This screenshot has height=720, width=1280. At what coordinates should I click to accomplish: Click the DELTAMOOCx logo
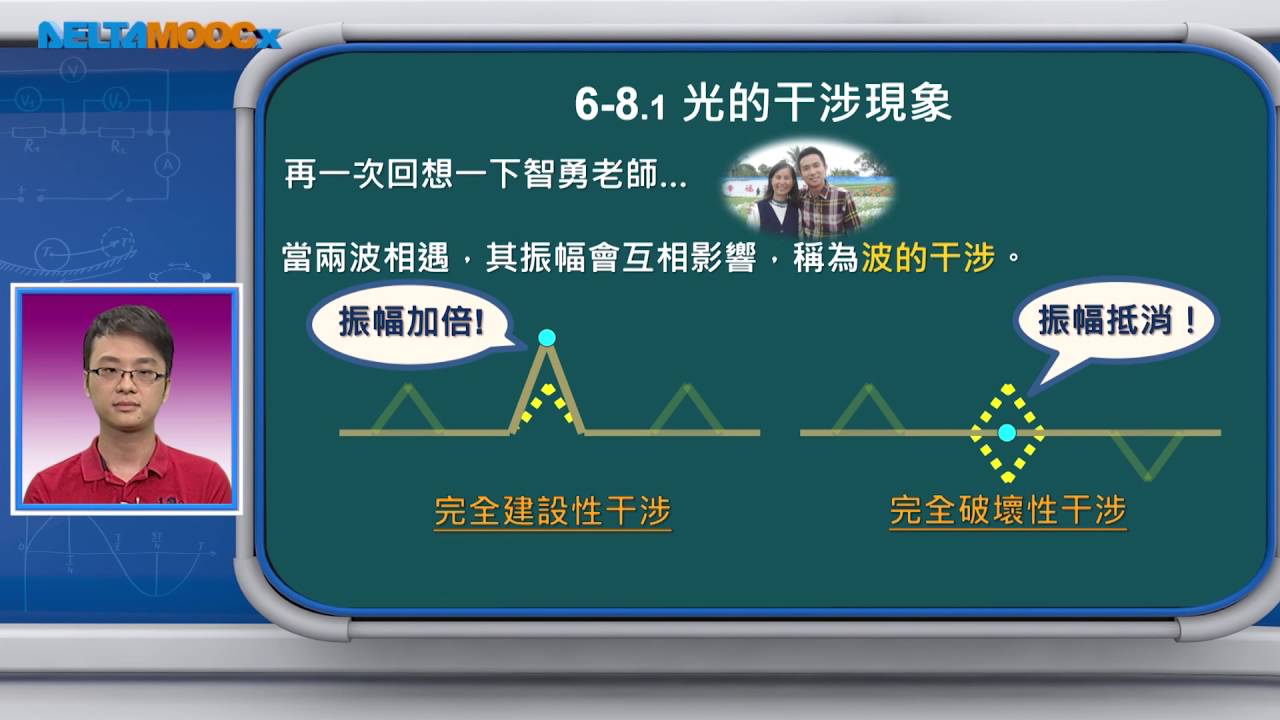click(x=159, y=35)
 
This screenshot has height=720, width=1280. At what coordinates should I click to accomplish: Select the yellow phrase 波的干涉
click(x=928, y=258)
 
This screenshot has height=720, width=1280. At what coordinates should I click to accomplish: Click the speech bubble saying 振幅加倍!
click(x=410, y=323)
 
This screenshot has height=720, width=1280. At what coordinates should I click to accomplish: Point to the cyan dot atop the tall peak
click(x=547, y=338)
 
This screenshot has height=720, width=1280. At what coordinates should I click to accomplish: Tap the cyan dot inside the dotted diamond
click(x=1007, y=433)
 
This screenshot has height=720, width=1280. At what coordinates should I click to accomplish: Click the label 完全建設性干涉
click(x=552, y=511)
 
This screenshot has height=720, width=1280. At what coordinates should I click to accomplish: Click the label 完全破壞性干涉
click(x=1008, y=511)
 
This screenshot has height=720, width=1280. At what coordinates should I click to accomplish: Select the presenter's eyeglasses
click(x=127, y=375)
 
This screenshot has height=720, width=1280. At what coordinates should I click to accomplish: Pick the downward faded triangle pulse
click(x=1147, y=455)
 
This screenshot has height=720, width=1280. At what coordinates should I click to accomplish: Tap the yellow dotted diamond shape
click(x=1007, y=433)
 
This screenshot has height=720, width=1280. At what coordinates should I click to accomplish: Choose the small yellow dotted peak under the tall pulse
click(x=547, y=407)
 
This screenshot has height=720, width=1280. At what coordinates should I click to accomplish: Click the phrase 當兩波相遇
click(x=366, y=258)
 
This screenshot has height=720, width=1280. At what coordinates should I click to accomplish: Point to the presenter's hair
click(x=128, y=331)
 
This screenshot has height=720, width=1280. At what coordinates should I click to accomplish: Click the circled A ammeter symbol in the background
click(x=167, y=166)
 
